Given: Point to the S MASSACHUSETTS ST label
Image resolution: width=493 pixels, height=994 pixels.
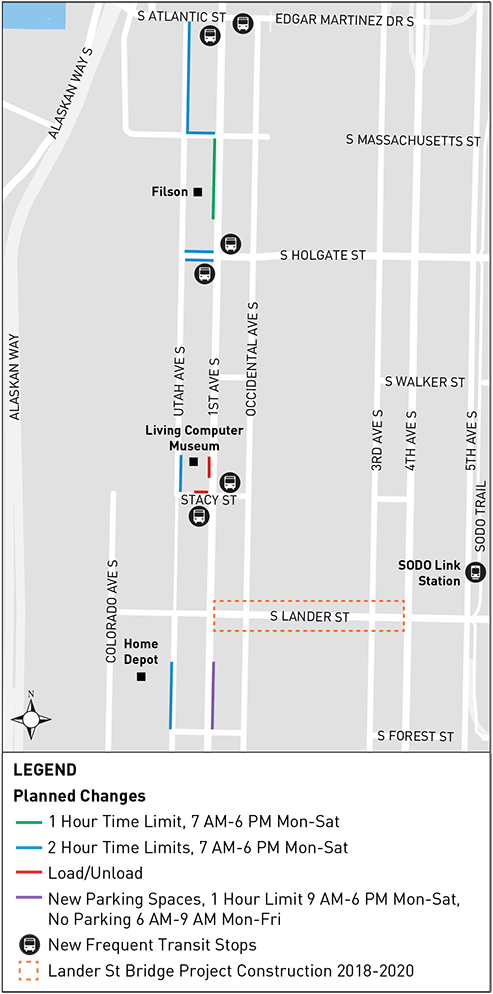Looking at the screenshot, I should tap(413, 141).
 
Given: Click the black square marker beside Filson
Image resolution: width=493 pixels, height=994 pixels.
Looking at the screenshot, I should tap(198, 191).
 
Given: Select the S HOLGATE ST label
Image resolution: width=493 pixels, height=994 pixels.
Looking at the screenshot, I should tap(322, 256).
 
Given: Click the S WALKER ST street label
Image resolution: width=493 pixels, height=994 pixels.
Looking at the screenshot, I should tap(425, 382).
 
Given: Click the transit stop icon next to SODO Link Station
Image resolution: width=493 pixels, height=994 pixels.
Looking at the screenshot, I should tap(476, 573).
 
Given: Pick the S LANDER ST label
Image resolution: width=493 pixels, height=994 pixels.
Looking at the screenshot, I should tap(309, 617).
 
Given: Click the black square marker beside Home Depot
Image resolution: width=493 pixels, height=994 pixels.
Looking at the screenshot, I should tap(142, 677).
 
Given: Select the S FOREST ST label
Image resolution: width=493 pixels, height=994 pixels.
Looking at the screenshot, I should tap(415, 736).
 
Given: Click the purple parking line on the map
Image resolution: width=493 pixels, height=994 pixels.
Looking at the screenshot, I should tap(212, 694).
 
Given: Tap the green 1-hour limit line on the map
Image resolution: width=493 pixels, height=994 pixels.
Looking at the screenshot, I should tap(213, 178).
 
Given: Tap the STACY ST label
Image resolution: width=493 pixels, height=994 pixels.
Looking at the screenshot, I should tap(208, 499).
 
